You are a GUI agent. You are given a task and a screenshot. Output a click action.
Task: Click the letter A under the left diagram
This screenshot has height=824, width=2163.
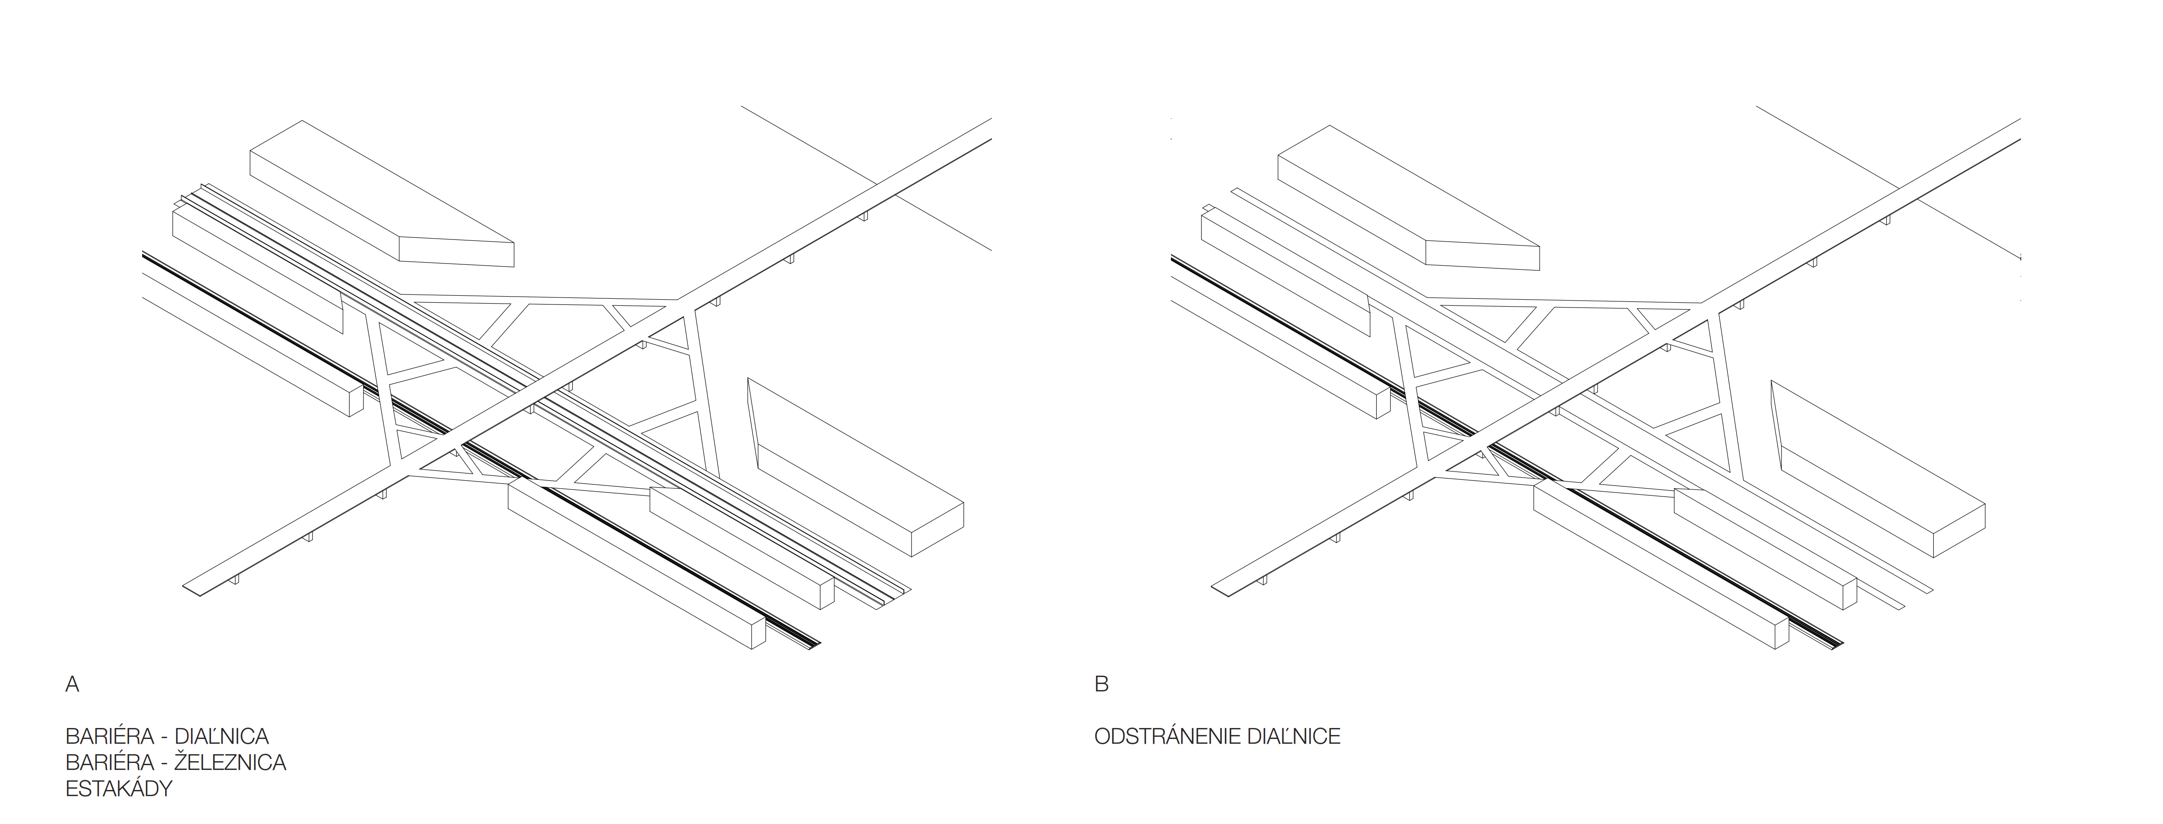[x=72, y=684]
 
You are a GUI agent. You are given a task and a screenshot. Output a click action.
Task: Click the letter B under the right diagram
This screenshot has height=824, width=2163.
[x=1102, y=684]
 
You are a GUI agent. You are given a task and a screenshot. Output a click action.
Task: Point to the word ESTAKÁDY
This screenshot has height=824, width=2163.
[x=119, y=789]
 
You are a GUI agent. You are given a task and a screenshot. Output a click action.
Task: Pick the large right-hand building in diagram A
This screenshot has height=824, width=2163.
[x=857, y=470]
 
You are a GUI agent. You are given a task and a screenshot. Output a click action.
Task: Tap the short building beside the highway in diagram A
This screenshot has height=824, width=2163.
[x=739, y=546]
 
